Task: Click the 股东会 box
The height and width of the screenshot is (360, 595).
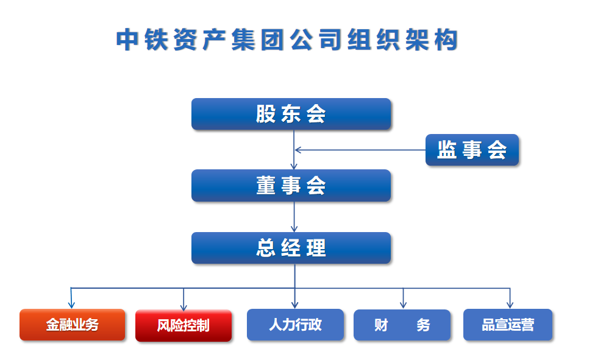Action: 291,114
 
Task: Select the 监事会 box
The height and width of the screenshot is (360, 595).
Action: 472,150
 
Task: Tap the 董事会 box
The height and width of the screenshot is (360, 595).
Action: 291,186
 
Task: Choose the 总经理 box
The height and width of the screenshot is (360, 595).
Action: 291,248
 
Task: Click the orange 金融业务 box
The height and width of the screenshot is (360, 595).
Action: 72,325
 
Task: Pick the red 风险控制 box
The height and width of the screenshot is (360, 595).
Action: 183,325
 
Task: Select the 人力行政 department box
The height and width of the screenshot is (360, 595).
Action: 295,325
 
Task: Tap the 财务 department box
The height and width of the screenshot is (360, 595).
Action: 402,325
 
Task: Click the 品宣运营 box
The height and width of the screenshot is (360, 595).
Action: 508,325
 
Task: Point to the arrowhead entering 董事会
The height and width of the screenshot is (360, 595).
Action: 294,166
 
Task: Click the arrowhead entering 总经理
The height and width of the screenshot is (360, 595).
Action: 294,229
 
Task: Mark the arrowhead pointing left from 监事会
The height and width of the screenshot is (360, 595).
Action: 298,150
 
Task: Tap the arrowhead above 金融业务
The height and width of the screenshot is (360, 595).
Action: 71,305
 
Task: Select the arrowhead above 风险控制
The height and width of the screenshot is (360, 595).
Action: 183,306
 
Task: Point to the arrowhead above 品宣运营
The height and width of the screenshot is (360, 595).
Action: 510,305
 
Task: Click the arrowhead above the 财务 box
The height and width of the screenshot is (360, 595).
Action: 403,305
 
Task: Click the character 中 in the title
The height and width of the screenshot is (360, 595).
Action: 127,40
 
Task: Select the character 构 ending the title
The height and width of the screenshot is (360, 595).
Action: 446,40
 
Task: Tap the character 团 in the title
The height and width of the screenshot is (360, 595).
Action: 272,40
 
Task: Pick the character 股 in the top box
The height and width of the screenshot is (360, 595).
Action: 266,114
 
